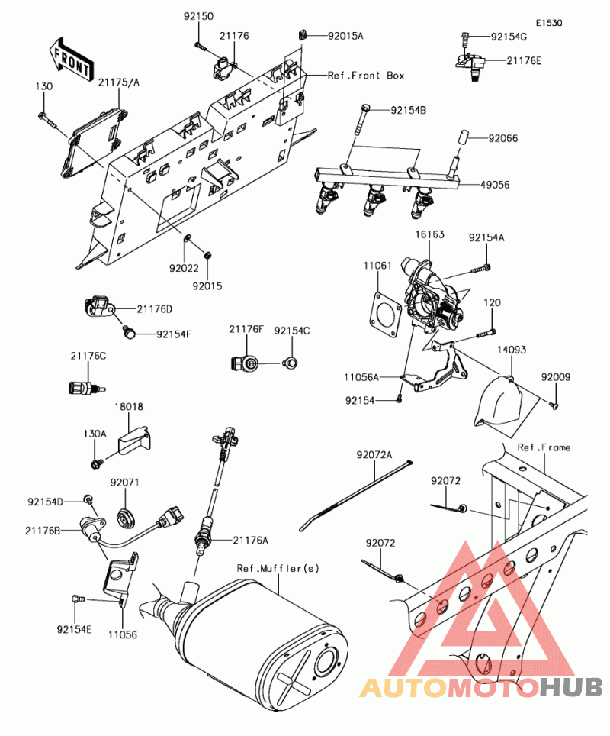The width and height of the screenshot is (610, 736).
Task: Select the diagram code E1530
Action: (548, 24)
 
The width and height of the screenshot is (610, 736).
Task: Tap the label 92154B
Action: (408, 111)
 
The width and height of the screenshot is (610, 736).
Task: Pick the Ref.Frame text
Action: (544, 447)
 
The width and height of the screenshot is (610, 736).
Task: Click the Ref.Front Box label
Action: (366, 76)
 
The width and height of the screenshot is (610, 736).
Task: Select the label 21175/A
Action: (118, 82)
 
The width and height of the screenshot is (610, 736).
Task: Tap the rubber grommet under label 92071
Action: (124, 517)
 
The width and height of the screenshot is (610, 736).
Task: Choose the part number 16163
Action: (429, 235)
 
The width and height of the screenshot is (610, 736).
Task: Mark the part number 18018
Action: (129, 408)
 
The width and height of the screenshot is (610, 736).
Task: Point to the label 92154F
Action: (174, 334)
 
